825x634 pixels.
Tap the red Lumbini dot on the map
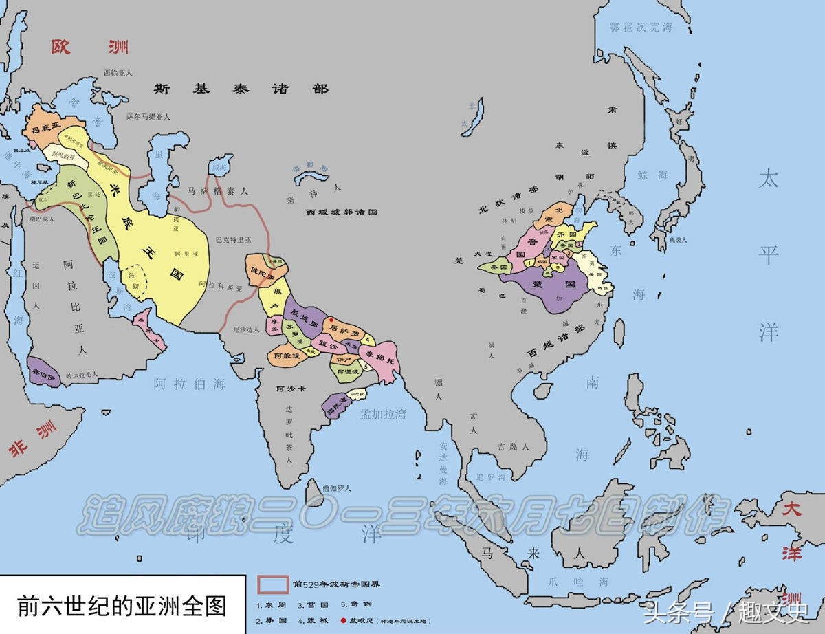pyautogui.click(x=331, y=320)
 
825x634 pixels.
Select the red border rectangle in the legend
pyautogui.click(x=273, y=584)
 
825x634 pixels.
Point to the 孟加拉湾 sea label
pyautogui.click(x=382, y=413)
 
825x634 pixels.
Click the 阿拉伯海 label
pyautogui.click(x=190, y=384)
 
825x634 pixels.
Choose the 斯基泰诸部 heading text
pyautogui.click(x=241, y=89)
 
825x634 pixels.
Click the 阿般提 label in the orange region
pyautogui.click(x=286, y=356)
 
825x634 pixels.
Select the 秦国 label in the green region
pyautogui.click(x=498, y=266)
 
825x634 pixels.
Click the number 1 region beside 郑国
pyautogui.click(x=528, y=262)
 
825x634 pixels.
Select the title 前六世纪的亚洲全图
pyautogui.click(x=122, y=604)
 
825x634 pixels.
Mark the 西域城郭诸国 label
pyautogui.click(x=342, y=212)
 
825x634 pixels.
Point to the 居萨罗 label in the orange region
pyautogui.click(x=344, y=329)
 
